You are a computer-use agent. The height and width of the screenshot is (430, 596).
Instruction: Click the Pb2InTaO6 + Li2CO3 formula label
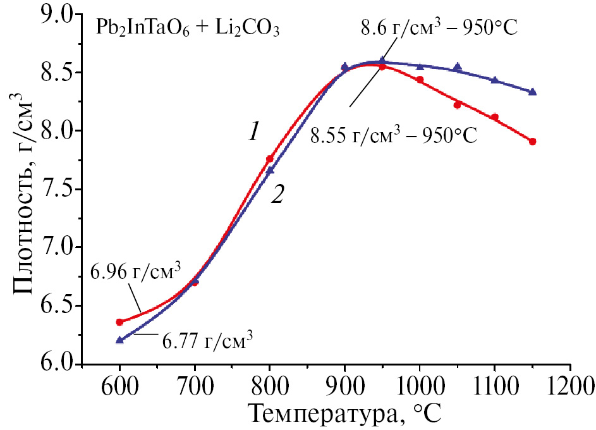tap(188, 28)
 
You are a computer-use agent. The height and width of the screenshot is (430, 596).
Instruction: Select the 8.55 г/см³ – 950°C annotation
tap(392, 135)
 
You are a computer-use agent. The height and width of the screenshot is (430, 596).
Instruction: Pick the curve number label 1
tap(253, 132)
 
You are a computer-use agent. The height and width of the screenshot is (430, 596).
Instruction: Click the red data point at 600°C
tap(119, 322)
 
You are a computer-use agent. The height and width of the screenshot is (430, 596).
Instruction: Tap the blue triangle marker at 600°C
tap(119, 340)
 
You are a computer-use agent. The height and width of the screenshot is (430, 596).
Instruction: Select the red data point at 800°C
tap(270, 159)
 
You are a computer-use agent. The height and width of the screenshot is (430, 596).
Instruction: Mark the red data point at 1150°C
tap(532, 142)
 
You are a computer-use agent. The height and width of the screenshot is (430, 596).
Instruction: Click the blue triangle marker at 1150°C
tap(532, 92)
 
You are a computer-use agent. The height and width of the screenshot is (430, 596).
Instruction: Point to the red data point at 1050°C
tap(457, 105)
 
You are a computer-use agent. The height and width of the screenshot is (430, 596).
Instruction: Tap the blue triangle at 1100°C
tap(494, 80)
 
